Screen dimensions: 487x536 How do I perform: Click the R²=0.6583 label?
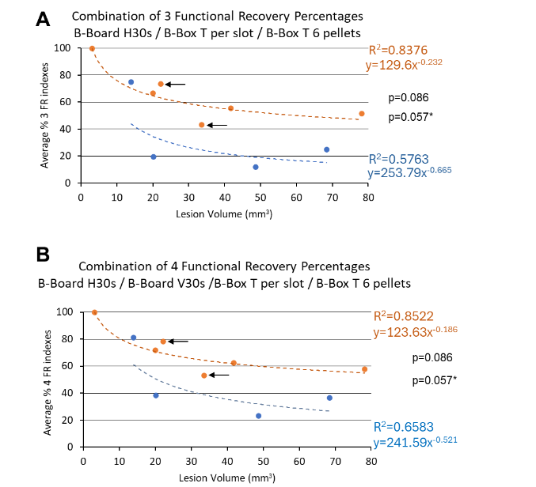[401, 427]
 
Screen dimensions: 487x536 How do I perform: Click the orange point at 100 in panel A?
[92, 49]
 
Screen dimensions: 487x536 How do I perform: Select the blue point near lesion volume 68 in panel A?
[326, 149]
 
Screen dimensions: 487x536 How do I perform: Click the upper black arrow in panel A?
[176, 84]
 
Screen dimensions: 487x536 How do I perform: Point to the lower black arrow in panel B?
[219, 376]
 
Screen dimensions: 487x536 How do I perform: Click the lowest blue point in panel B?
[258, 416]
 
